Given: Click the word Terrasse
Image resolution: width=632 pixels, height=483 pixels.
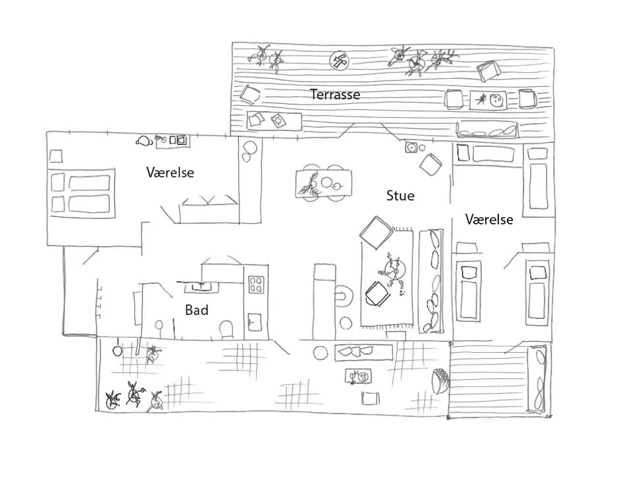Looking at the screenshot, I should tap(335, 95).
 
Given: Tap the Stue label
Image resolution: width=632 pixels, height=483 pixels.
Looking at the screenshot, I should tap(400, 195).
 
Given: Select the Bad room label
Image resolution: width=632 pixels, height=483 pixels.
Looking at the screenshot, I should tap(196, 310).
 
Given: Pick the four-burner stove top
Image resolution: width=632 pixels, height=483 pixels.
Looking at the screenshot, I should tap(256, 284).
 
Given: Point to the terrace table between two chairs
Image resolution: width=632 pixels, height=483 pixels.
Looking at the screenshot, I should tap(488, 100).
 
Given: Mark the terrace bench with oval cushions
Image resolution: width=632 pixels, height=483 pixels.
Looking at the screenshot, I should tap(488, 130).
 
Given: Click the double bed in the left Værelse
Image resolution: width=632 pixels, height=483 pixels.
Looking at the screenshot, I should tap(82, 193).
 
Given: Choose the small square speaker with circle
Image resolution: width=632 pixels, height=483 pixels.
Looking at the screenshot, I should tap(412, 147).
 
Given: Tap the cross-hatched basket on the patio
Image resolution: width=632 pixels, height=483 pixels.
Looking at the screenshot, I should tap(439, 380).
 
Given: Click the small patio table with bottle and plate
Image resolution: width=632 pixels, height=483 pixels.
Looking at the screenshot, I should tap(359, 377).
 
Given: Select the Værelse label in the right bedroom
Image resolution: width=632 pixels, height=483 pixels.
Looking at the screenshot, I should tap(488, 220).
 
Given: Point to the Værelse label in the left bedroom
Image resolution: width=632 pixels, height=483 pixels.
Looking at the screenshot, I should tap(170, 172).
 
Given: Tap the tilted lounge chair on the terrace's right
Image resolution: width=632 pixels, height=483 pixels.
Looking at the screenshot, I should tap(489, 70).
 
